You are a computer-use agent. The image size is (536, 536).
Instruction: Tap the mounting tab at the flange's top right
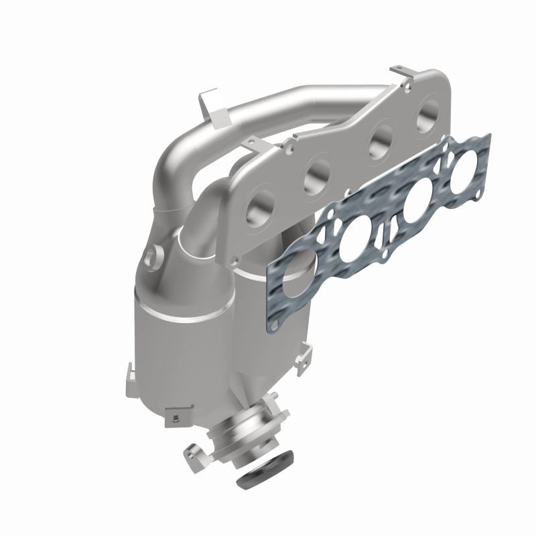[403, 72]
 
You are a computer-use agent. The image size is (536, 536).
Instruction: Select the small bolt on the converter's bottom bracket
[173, 419]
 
